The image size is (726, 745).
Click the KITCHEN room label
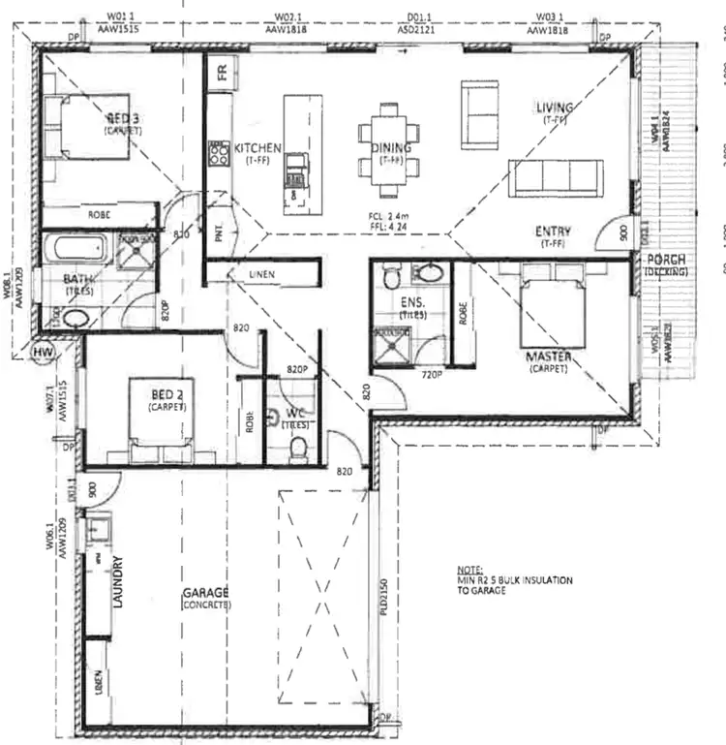coord(257,148)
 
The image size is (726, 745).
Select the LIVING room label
coord(555,107)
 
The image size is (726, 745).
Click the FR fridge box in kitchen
coord(221,74)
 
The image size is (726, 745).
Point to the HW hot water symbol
coord(43,351)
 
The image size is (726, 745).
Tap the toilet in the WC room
coord(299,448)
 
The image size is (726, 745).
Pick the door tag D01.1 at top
coord(419,17)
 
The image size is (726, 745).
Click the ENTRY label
coord(554,232)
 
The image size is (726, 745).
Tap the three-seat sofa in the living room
coord(556,177)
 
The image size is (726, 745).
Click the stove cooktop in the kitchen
coord(217,154)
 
